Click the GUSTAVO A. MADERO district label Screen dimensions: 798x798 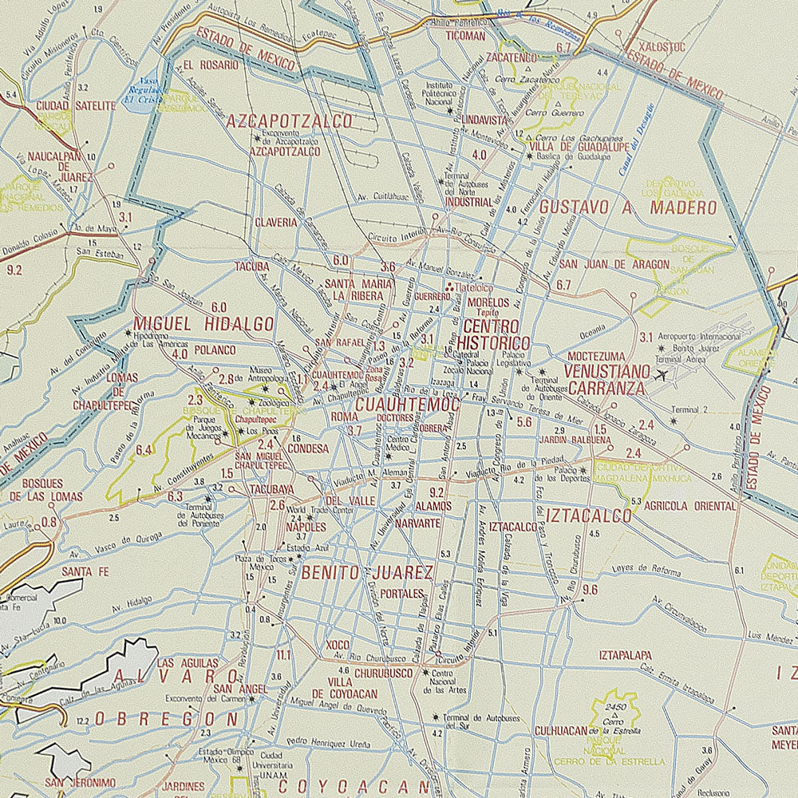click(x=627, y=207)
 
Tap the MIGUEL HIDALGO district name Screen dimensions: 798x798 click(x=203, y=324)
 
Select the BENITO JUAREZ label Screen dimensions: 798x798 click(x=367, y=572)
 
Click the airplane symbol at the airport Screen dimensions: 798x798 click(x=662, y=373)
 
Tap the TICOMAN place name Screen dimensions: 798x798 click(x=465, y=36)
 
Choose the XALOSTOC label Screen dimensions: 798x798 click(x=662, y=47)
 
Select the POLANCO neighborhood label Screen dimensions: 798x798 click(x=213, y=350)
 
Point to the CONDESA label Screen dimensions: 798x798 click(x=308, y=448)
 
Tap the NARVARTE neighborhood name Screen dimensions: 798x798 click(x=417, y=523)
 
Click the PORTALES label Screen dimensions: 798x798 click(x=401, y=594)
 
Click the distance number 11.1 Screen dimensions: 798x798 click(x=283, y=655)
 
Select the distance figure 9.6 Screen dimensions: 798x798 click(x=591, y=590)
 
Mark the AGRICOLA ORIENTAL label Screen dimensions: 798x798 click(x=678, y=506)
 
